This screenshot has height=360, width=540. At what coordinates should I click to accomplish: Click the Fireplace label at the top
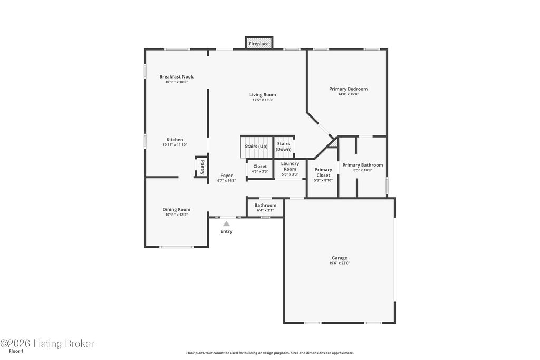click(x=259, y=44)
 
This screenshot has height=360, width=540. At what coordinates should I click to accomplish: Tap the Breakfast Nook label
click(x=176, y=77)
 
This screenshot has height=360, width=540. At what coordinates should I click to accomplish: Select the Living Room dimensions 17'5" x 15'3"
click(x=263, y=100)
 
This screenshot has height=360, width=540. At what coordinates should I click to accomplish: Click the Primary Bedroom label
click(x=348, y=89)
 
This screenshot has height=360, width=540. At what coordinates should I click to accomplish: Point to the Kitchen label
click(x=175, y=140)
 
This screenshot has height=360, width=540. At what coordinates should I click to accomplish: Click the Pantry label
click(x=201, y=167)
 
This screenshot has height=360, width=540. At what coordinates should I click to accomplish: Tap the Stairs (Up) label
click(x=256, y=146)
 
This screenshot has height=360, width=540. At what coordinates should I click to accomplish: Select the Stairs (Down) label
click(x=284, y=147)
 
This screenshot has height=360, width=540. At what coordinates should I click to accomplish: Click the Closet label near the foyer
click(x=260, y=167)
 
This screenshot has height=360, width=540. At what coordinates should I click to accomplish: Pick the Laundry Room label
click(x=290, y=166)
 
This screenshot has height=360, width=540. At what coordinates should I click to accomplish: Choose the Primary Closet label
click(x=323, y=172)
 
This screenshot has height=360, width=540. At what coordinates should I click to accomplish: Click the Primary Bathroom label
click(x=362, y=165)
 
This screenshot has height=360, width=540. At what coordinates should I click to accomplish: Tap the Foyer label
click(x=226, y=176)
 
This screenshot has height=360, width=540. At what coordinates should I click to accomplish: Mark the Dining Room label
click(x=176, y=209)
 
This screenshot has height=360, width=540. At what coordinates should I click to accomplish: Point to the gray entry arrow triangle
click(x=226, y=224)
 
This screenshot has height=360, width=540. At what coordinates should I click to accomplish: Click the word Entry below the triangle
click(x=226, y=231)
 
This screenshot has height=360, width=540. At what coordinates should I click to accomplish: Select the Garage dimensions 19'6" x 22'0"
click(x=339, y=263)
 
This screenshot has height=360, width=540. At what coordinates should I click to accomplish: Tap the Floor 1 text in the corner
click(x=16, y=351)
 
